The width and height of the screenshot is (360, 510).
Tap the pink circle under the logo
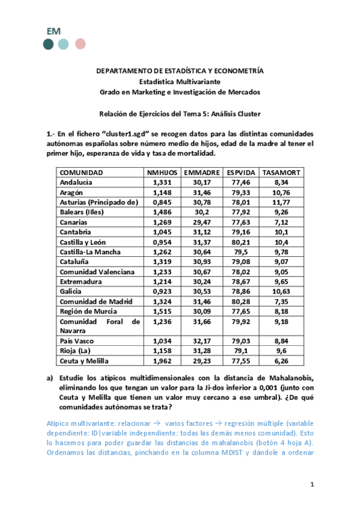[80, 44]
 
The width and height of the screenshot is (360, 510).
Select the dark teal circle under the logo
[48, 44]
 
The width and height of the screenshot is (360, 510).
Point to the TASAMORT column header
[281, 173]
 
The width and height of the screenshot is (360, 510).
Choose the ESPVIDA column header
[241, 173]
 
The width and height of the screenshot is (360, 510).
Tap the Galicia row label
[72, 291]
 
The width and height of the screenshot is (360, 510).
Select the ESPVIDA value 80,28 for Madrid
[241, 301]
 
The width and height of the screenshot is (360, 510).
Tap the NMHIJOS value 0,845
[162, 202]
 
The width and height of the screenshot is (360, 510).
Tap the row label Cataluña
[75, 262]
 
